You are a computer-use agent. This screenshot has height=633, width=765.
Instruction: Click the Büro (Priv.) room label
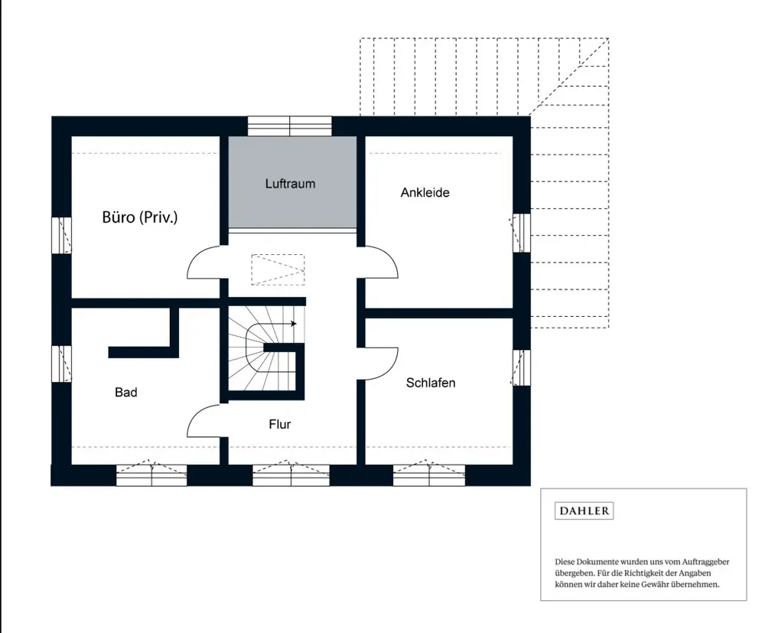(x=139, y=217)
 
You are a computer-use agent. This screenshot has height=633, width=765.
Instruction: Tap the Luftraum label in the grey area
(x=290, y=184)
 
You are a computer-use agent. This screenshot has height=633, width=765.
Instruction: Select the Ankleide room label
(x=425, y=192)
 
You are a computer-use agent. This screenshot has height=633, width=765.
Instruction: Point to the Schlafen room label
(x=431, y=383)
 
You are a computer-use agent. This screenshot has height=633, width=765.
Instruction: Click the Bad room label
(x=126, y=393)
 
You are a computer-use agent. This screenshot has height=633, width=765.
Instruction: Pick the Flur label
(x=280, y=424)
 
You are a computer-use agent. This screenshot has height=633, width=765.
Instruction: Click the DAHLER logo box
(x=584, y=511)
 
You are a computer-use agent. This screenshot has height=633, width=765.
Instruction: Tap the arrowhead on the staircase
(x=293, y=324)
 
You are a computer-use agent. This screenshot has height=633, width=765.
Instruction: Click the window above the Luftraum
(x=290, y=126)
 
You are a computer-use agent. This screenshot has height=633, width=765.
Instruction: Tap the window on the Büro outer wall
(x=62, y=235)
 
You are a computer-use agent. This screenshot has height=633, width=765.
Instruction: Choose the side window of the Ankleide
(x=522, y=233)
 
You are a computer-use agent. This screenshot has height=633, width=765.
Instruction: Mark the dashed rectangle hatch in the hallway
(x=278, y=269)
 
